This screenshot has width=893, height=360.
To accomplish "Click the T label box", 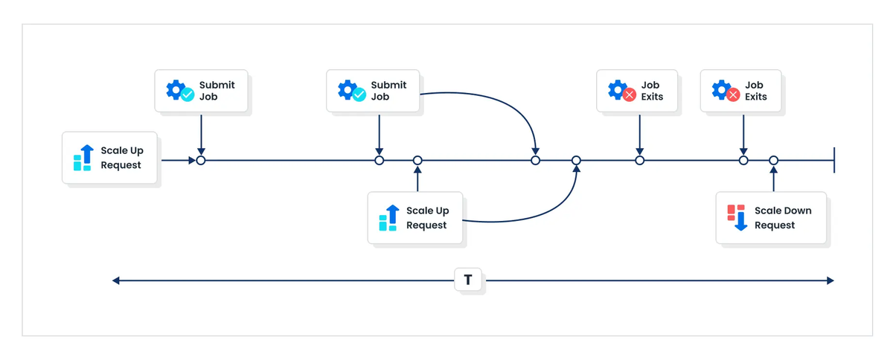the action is click(468, 280).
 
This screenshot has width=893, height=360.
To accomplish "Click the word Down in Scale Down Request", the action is click(797, 210).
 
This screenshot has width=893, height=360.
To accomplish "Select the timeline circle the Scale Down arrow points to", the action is click(773, 160).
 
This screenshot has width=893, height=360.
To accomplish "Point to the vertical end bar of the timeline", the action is click(834, 160).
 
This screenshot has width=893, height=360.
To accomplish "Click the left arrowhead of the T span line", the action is click(116, 280).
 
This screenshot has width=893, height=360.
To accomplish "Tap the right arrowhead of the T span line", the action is click(830, 280).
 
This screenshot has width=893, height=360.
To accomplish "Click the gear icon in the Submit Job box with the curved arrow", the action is click(348, 90).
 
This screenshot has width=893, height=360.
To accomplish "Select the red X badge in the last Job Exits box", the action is click(733, 95).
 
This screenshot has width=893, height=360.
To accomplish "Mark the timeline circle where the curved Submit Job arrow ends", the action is click(535, 160).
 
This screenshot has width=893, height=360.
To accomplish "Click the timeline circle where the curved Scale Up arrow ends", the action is click(576, 160).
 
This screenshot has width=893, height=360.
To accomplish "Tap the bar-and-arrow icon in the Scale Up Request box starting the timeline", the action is click(83, 158).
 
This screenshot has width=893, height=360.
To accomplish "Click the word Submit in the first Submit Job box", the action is click(217, 85).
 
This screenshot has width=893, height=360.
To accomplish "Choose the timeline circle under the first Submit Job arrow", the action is click(201, 160).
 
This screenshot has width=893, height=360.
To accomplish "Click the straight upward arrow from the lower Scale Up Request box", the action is click(417, 179).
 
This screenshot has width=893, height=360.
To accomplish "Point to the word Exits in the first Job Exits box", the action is click(652, 97).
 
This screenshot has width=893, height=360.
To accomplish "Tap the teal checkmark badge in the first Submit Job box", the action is click(188, 94).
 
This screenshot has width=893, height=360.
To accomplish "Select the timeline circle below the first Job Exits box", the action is click(639, 160).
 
